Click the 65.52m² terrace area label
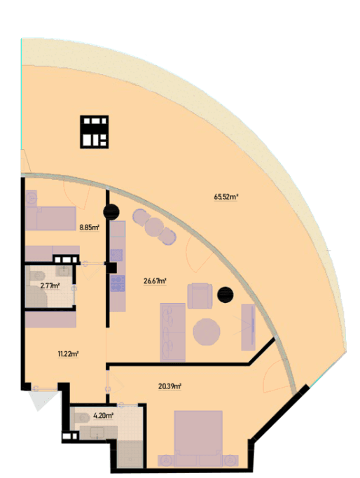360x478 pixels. point(226,197)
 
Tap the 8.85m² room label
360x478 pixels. point(90,227)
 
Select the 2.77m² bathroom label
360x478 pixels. point(50,286)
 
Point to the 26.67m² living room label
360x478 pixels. point(155,281)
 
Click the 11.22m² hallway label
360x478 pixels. point(68,354)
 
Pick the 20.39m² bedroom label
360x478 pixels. point(169,386)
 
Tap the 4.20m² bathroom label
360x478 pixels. point(103,415)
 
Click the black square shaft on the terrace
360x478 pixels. point(95,132)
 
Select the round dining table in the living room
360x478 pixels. point(207,332)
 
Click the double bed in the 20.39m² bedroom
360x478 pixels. point(198,433)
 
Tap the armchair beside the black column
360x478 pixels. point(200,296)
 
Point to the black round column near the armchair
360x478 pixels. point(225,295)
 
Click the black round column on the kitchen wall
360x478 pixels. point(111,212)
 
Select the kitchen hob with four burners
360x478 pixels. point(118,283)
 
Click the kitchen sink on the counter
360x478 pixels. point(117,255)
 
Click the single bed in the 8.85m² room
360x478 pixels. point(51,218)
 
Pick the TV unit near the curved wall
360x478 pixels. point(249,327)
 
